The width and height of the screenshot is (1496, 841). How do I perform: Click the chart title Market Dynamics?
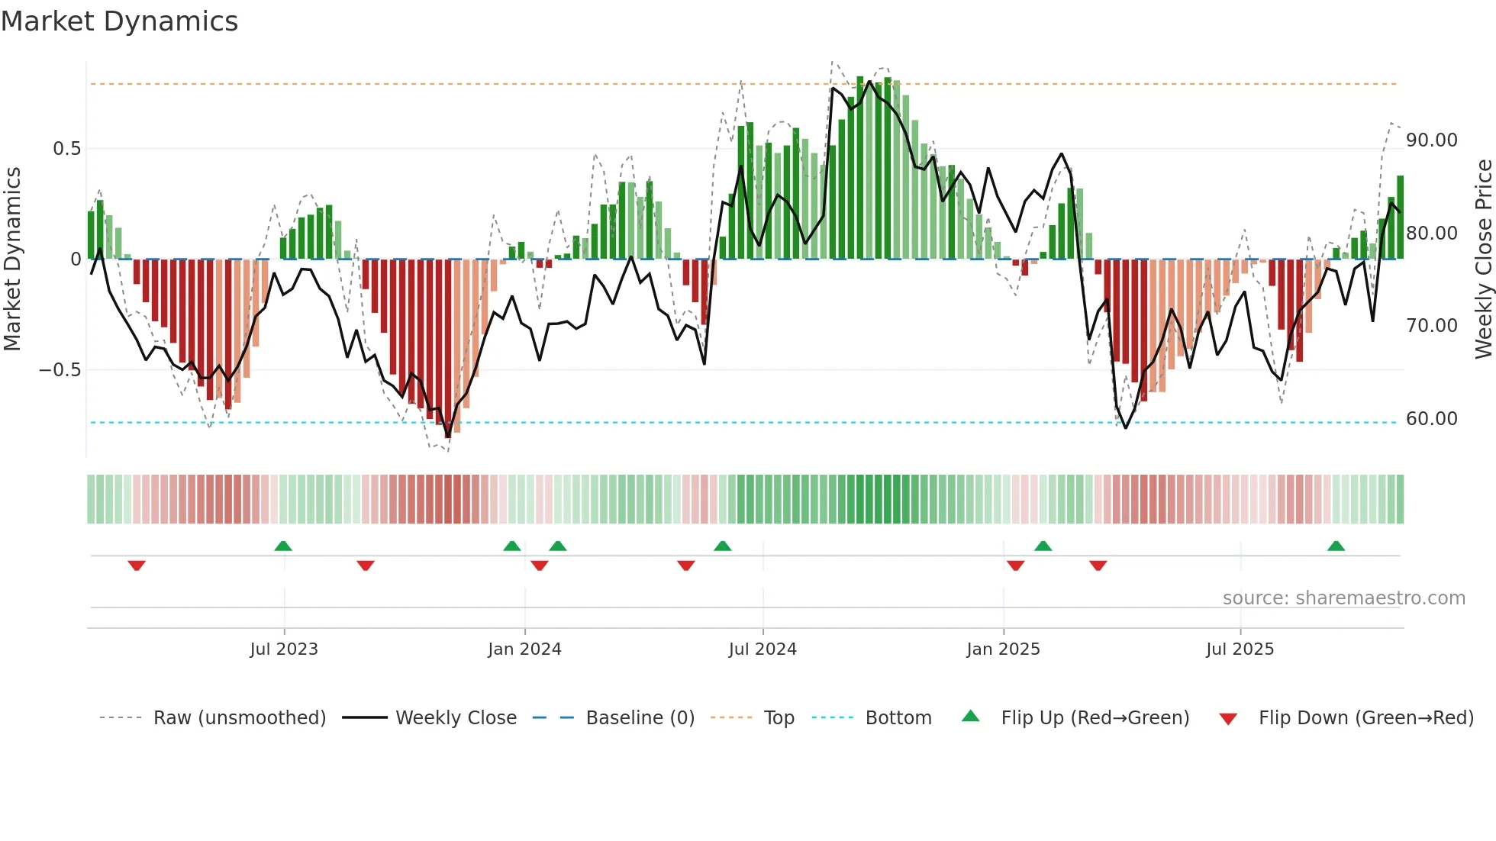coord(120,21)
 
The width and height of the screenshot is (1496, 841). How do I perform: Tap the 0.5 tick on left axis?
coord(66,149)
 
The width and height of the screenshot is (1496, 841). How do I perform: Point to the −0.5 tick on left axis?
coord(60,370)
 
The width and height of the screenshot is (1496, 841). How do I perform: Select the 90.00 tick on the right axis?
coord(1431,140)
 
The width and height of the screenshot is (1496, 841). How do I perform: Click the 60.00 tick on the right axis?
coord(1431,419)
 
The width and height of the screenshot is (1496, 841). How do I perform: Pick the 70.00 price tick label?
coord(1431,326)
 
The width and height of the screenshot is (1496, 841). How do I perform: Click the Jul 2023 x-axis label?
coord(284,649)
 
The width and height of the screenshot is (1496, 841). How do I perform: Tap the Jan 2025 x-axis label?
coord(1003,649)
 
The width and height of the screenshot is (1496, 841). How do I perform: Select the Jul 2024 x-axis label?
coord(763,649)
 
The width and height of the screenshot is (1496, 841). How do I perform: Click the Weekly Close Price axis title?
coord(1483,259)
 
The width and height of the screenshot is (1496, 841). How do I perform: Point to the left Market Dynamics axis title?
coord(12,259)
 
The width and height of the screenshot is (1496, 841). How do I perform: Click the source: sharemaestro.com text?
coord(1343,598)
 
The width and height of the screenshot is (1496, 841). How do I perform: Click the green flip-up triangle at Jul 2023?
coord(283,546)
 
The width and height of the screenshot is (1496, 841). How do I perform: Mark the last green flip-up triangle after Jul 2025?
coord(1336,546)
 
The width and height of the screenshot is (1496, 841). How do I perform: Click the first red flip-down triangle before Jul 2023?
coord(137,565)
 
